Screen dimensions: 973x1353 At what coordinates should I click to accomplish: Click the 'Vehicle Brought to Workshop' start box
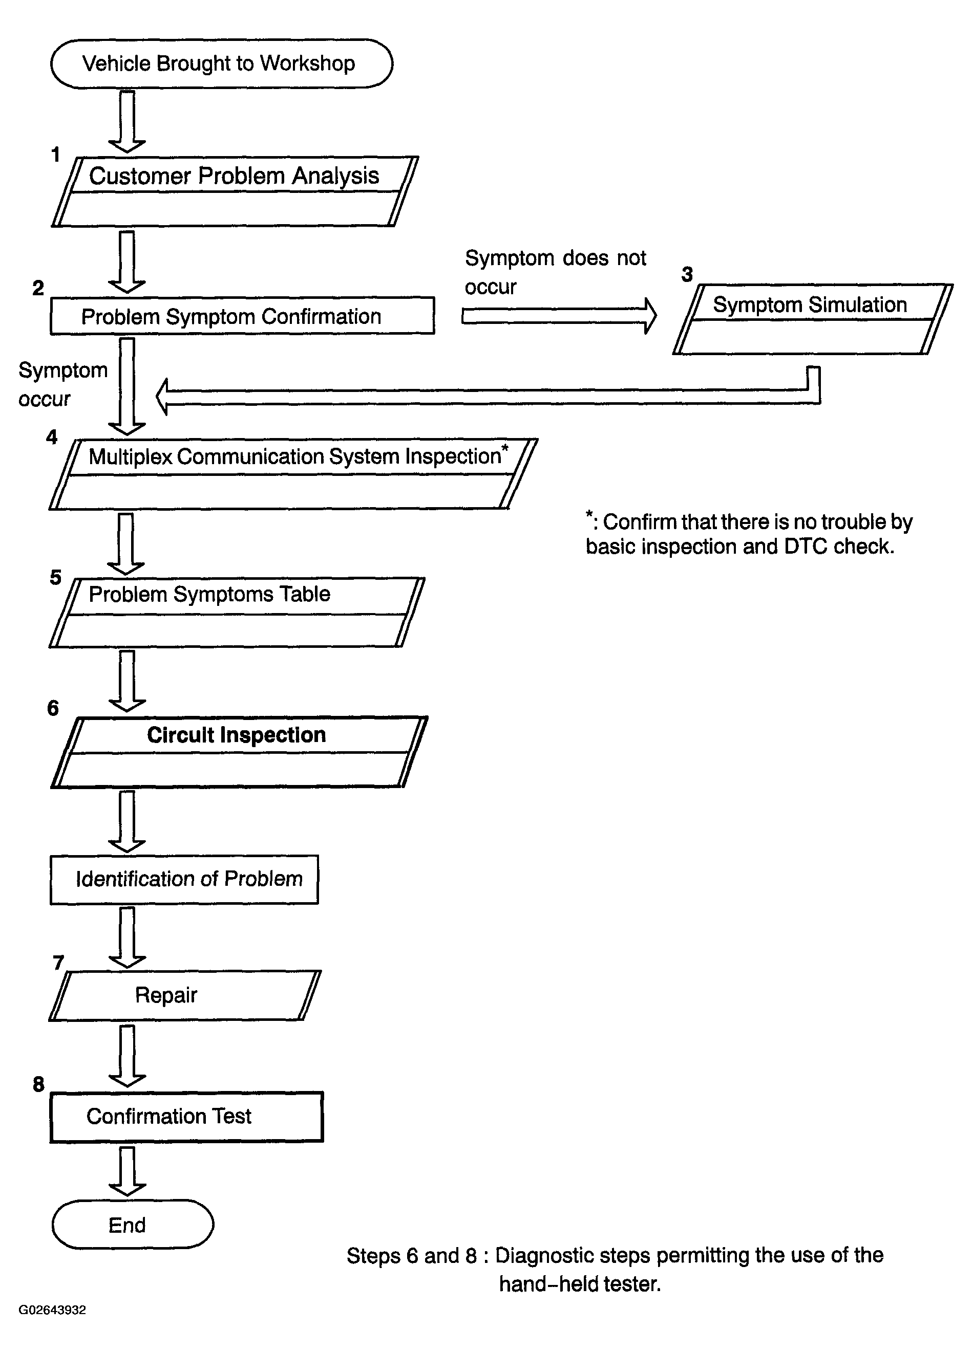pyautogui.click(x=221, y=64)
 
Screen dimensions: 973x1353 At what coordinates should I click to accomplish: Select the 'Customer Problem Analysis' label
pyautogui.click(x=234, y=176)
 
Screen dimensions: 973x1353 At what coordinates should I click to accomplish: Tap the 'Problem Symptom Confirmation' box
pyautogui.click(x=242, y=316)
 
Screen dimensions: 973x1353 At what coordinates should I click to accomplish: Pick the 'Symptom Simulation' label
pyautogui.click(x=810, y=305)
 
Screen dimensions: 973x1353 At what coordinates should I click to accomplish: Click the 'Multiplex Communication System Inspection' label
pyautogui.click(x=295, y=456)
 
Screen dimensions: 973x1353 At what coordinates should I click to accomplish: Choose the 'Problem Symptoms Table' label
pyautogui.click(x=209, y=594)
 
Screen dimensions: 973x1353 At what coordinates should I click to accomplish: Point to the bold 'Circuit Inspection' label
pyautogui.click(x=237, y=735)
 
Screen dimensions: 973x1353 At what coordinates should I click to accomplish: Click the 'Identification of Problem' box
pyautogui.click(x=184, y=879)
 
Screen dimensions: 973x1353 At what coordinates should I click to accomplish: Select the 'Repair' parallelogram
pyautogui.click(x=185, y=996)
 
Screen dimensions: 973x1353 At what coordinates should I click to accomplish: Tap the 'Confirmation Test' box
pyautogui.click(x=186, y=1117)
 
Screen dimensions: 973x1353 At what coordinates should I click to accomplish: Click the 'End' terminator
pyautogui.click(x=133, y=1225)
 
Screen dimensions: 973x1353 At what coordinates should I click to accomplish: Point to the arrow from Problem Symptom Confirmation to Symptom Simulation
pyautogui.click(x=559, y=316)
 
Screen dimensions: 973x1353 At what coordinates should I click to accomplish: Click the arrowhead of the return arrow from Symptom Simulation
pyautogui.click(x=162, y=397)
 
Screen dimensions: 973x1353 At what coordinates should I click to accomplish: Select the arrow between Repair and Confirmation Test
pyautogui.click(x=127, y=1055)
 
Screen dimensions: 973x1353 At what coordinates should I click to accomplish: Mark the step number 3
pyautogui.click(x=687, y=274)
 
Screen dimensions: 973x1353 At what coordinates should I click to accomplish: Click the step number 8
pyautogui.click(x=39, y=1084)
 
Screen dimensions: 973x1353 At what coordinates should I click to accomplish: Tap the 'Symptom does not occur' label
pyautogui.click(x=555, y=272)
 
